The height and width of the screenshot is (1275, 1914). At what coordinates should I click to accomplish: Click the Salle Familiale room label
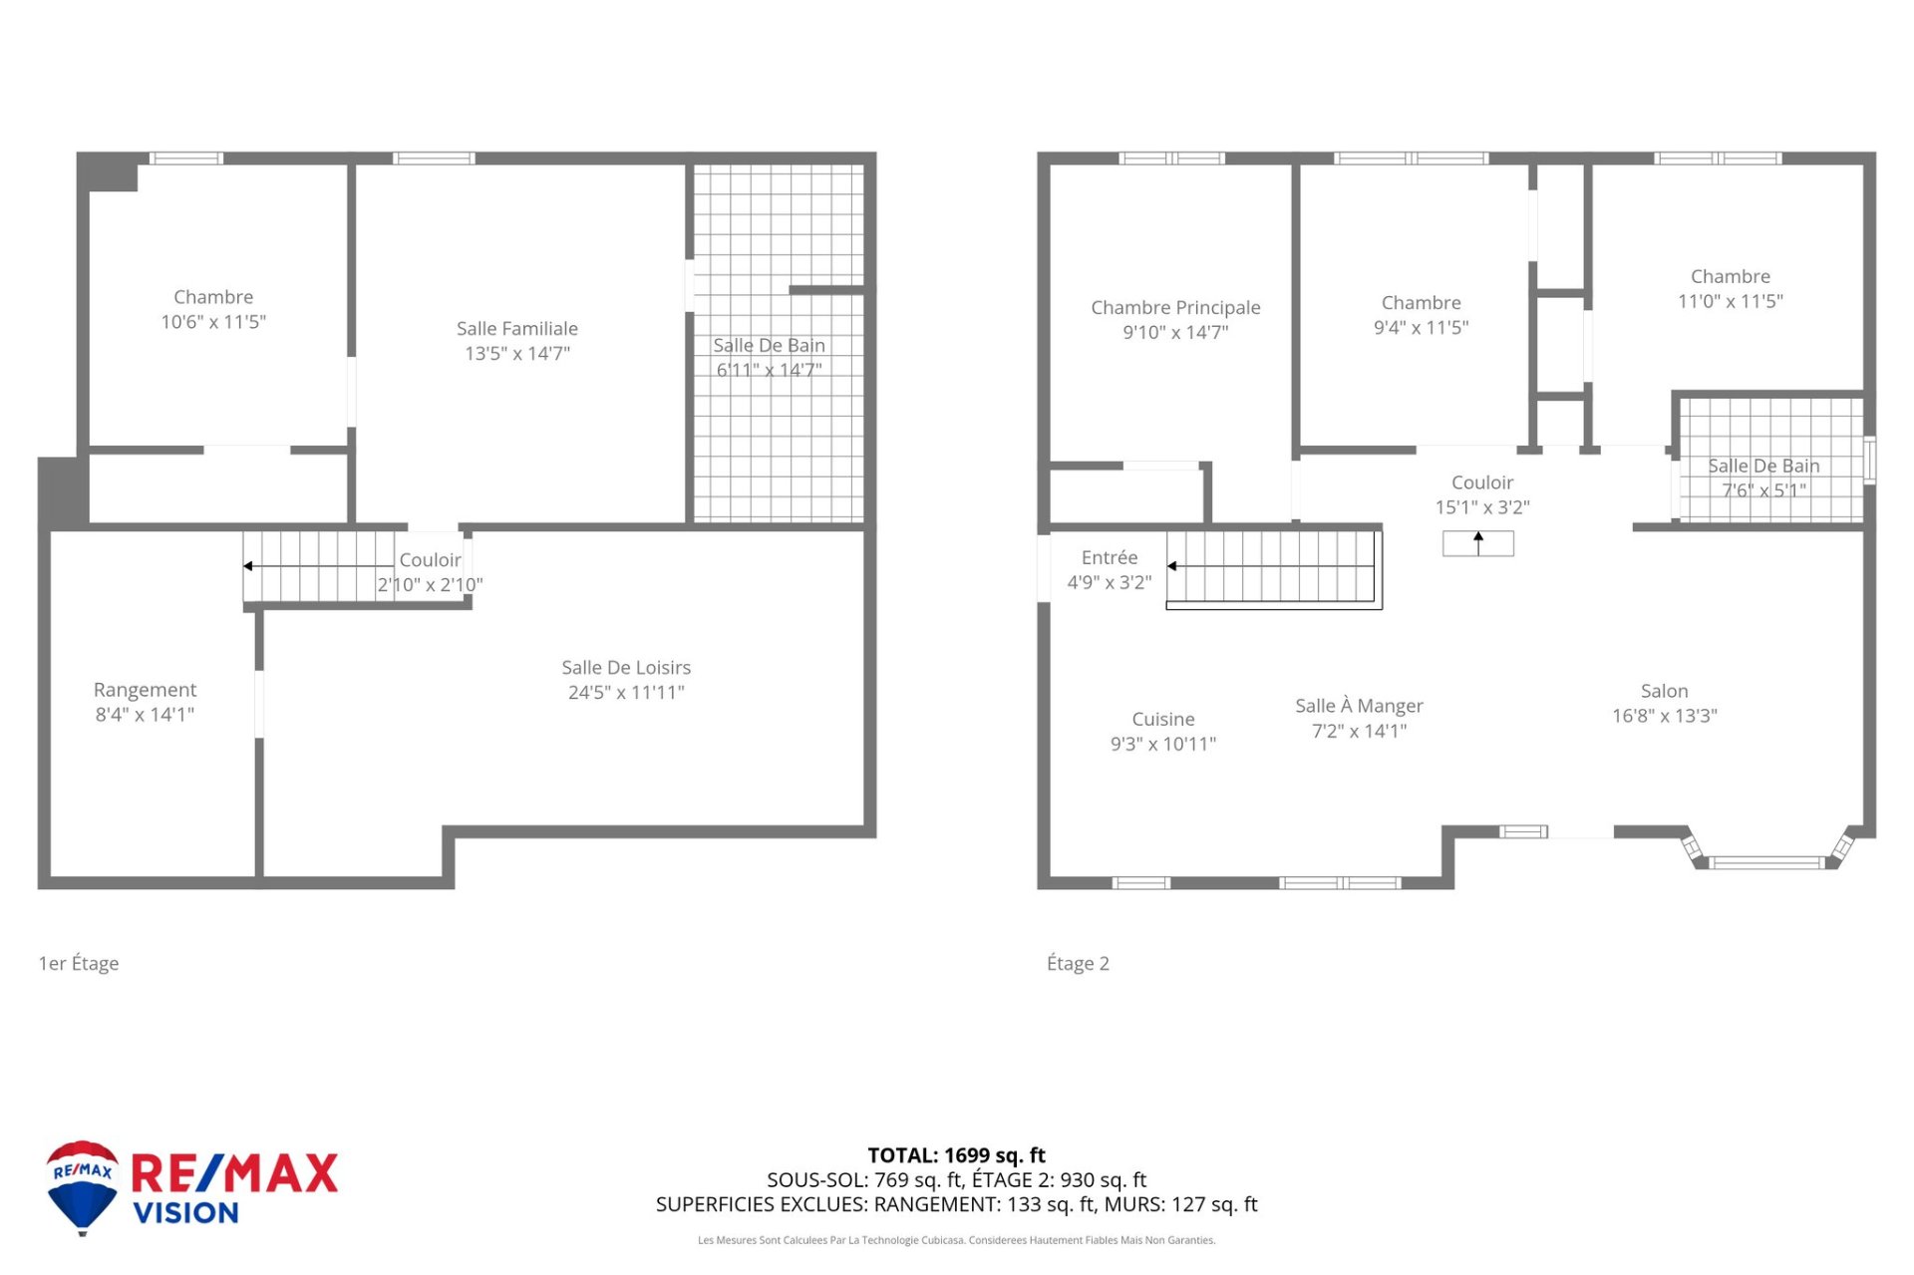516,328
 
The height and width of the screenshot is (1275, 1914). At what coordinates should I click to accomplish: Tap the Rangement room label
145,690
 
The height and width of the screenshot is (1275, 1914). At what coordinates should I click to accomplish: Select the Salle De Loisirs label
626,667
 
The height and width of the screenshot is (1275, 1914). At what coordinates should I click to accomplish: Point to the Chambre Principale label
1175,307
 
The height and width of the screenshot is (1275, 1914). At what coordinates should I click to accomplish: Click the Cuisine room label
1163,719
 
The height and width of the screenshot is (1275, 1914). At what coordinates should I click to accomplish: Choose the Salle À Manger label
1359,705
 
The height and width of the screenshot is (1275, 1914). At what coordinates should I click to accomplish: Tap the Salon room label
1664,691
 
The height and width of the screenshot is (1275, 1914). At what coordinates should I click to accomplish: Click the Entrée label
1109,557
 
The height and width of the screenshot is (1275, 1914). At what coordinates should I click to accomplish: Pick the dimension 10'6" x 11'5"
213,322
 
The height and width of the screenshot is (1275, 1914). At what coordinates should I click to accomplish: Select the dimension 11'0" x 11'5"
1730,301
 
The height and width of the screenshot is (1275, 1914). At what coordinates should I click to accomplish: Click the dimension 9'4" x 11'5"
1421,327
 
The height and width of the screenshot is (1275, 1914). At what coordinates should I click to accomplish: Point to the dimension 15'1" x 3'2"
1481,507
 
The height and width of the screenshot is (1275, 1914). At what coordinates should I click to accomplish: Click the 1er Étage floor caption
79,963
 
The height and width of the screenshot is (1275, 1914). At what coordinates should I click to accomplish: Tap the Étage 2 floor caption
1078,963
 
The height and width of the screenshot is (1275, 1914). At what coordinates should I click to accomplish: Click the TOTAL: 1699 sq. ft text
956,1155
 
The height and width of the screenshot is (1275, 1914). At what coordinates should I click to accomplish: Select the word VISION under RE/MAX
186,1213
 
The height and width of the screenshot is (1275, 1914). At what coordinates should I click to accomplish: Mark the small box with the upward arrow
1477,543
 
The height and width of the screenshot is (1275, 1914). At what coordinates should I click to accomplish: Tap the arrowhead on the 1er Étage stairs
248,566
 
